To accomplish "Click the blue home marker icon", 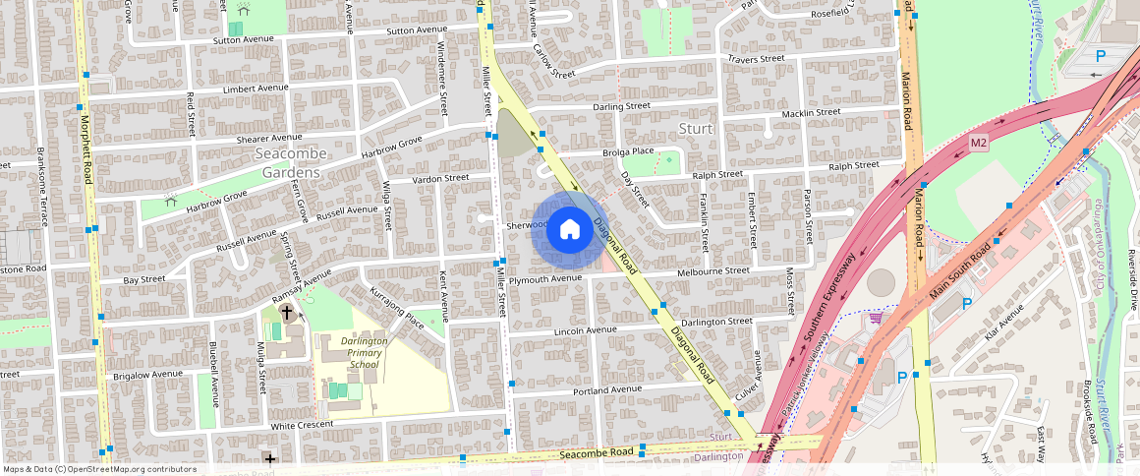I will click(569, 230).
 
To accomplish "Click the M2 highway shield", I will click(978, 144).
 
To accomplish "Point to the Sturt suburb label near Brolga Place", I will click(695, 130).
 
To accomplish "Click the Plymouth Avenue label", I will click(546, 278).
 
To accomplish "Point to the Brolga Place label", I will click(629, 151).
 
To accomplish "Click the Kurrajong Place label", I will click(394, 309).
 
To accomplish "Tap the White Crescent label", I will click(302, 425).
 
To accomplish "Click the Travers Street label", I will click(756, 59).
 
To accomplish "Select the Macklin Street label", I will click(811, 113).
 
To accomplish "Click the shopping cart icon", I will click(875, 318).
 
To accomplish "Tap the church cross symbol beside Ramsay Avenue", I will click(287, 313).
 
